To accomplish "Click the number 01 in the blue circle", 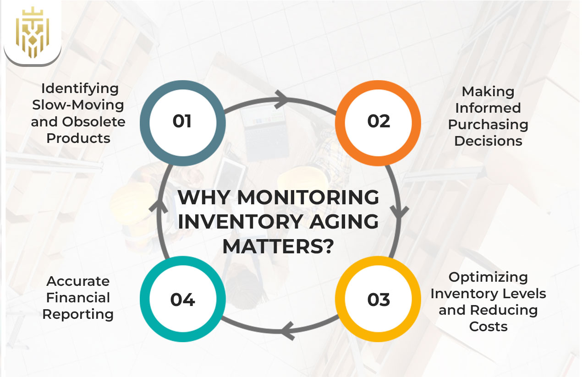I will pyautogui.click(x=182, y=121).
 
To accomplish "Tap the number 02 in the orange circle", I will pyautogui.click(x=379, y=121).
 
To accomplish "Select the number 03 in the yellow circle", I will pyautogui.click(x=379, y=299).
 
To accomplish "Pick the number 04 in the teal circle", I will pyautogui.click(x=182, y=299).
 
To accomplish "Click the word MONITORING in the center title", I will pyautogui.click(x=308, y=198).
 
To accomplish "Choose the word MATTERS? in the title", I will pyautogui.click(x=278, y=247).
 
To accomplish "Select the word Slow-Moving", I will pyautogui.click(x=78, y=105).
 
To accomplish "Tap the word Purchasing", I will pyautogui.click(x=488, y=125).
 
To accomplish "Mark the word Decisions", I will pyautogui.click(x=488, y=141).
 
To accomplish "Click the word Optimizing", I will pyautogui.click(x=488, y=277).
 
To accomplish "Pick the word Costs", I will pyautogui.click(x=488, y=327).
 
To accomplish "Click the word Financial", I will pyautogui.click(x=78, y=298).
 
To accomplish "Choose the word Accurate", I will pyautogui.click(x=78, y=281).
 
